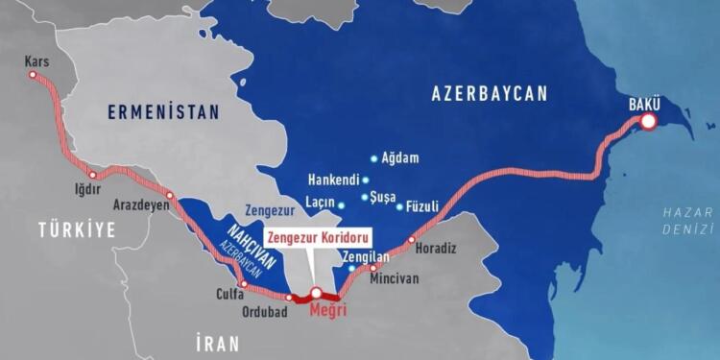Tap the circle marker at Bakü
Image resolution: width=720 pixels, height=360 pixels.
tap(648, 122)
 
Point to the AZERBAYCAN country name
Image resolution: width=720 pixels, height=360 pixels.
tap(489, 93)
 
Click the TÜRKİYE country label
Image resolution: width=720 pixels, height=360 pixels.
tap(77, 229)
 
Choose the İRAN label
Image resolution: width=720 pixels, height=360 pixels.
tap(216, 342)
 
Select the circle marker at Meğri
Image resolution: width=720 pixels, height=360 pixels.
tap(316, 293)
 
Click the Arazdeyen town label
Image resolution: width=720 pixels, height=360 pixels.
tap(141, 204)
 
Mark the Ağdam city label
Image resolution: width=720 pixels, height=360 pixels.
tap(400, 158)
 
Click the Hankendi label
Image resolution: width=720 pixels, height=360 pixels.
tap(332, 180)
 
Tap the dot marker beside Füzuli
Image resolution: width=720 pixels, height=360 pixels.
tap(398, 205)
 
